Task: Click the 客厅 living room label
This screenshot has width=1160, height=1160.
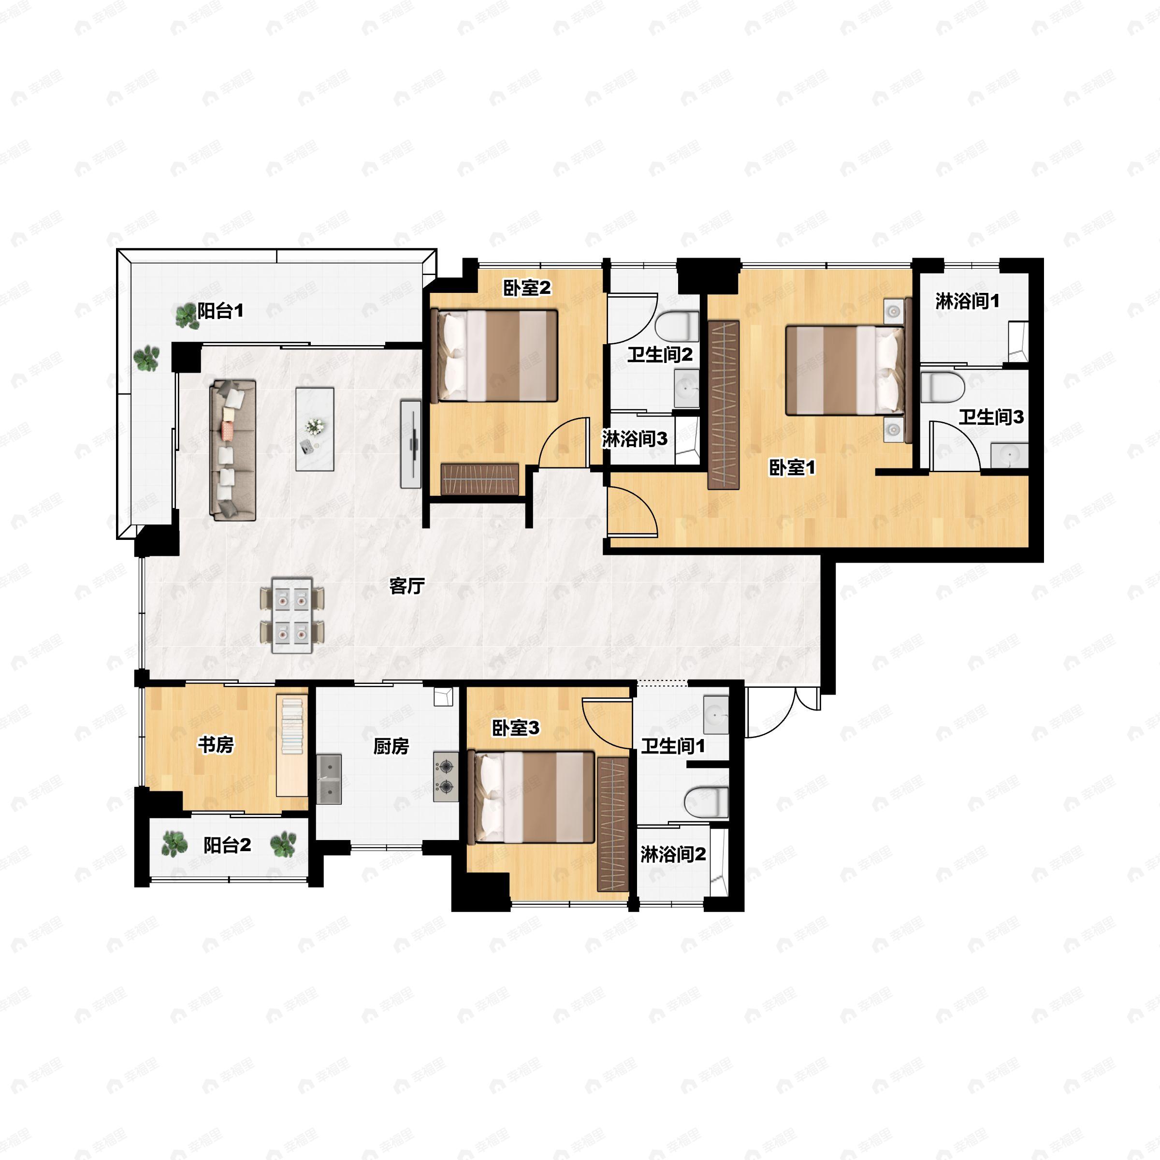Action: coord(407,585)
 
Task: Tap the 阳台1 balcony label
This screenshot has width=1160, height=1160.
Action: coord(220,311)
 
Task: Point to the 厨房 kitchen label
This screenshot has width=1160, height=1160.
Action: coord(391,746)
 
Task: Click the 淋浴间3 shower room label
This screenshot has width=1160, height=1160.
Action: coord(635,439)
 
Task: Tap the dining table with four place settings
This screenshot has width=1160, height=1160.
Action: coord(292,615)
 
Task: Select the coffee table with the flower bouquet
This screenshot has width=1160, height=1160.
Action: coord(315,429)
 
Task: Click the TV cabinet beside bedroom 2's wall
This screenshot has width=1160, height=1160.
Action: coord(411,444)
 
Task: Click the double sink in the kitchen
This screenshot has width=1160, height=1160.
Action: coord(329,779)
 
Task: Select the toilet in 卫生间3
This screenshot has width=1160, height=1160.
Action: coord(942,387)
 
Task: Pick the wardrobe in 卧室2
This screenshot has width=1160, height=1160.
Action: coord(480,479)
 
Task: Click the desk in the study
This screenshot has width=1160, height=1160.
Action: coord(292,746)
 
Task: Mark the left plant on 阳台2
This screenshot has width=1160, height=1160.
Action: coord(174,844)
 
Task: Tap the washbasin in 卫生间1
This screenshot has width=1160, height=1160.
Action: coord(716,714)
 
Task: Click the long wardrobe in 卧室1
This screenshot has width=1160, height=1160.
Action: coord(724,406)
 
